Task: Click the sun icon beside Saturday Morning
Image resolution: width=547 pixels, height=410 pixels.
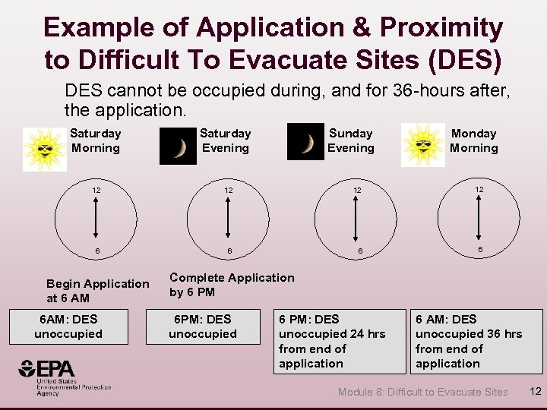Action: tap(44, 147)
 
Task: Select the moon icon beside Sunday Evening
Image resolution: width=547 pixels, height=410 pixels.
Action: tap(305, 142)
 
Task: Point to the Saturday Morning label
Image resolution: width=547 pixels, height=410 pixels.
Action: tap(96, 140)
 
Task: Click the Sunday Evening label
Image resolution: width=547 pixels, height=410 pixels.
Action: tap(350, 140)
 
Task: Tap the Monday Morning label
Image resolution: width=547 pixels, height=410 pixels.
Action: tap(473, 140)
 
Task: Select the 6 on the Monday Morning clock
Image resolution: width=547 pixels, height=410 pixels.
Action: tap(479, 249)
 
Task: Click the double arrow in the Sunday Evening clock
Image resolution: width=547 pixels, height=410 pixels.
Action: tap(351, 219)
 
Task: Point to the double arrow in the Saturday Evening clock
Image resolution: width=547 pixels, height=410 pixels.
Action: tap(226, 219)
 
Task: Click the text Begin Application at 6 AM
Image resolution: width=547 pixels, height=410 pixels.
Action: tap(98, 291)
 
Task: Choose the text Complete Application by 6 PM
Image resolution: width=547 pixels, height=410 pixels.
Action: tap(231, 285)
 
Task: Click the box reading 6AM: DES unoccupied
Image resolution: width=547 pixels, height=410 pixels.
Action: tap(68, 326)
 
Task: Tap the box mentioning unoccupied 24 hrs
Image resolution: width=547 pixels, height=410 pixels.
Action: tap(340, 341)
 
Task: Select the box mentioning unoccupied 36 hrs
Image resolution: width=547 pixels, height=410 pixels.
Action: tap(476, 341)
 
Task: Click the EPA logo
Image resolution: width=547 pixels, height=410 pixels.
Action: tap(65, 377)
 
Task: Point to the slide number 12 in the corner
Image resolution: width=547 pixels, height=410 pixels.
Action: tap(534, 391)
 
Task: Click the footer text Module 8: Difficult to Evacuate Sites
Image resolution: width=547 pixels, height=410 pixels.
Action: tap(422, 392)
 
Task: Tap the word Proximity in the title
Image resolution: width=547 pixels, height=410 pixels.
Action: tap(441, 28)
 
